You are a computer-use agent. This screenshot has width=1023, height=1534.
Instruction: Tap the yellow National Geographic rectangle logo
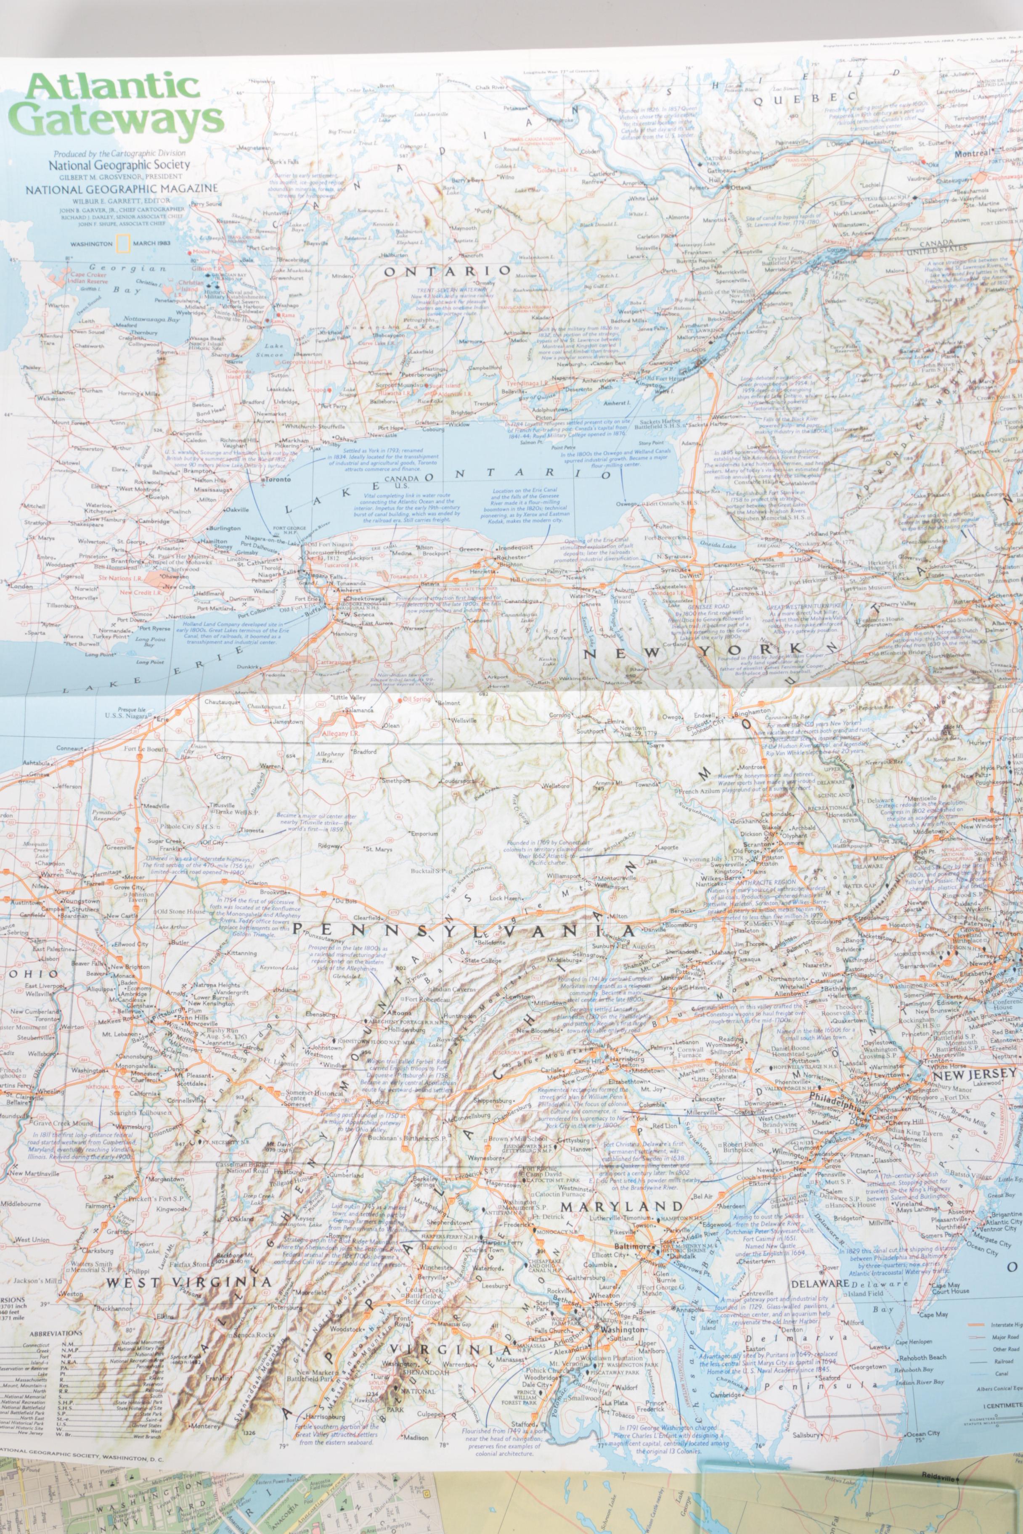coord(120,243)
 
